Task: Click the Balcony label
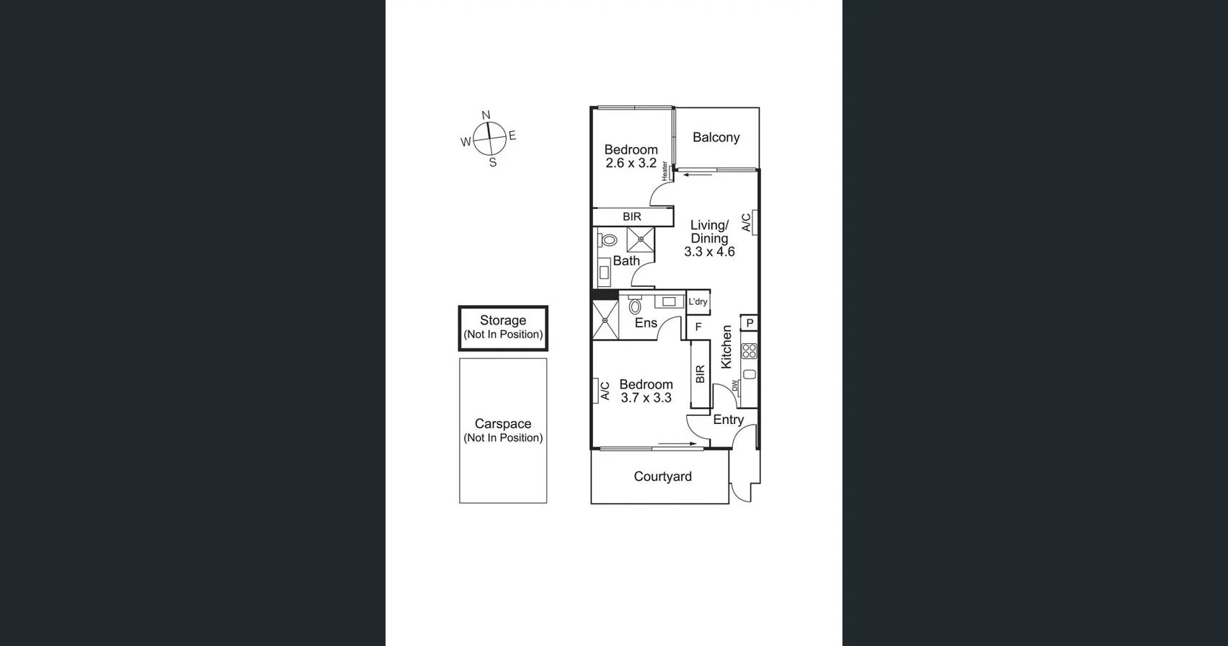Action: click(x=716, y=137)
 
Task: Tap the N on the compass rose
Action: click(x=486, y=115)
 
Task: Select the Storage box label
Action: click(x=503, y=321)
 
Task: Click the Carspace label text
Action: click(x=503, y=424)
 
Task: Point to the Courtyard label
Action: click(x=662, y=477)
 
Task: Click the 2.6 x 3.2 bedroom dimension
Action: click(x=631, y=164)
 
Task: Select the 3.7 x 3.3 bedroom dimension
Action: click(x=646, y=398)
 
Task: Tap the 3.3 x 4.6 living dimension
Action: click(x=709, y=252)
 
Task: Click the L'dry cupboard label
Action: click(x=698, y=302)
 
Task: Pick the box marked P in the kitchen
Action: click(x=749, y=323)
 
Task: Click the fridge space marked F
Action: click(x=698, y=327)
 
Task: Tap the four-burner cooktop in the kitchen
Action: click(x=749, y=351)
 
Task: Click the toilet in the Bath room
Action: click(x=608, y=240)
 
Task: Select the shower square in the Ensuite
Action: click(x=605, y=319)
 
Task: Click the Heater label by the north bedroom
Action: click(x=664, y=170)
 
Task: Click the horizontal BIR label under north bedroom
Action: click(x=632, y=217)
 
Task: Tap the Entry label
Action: click(x=728, y=420)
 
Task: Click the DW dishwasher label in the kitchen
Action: click(x=735, y=387)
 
